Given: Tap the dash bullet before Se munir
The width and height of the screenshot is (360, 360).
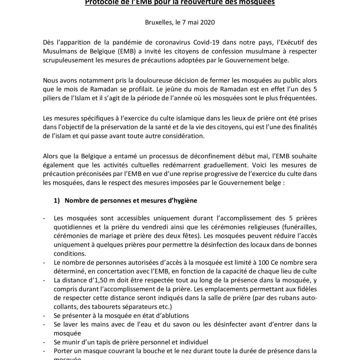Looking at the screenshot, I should click(45, 342).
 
